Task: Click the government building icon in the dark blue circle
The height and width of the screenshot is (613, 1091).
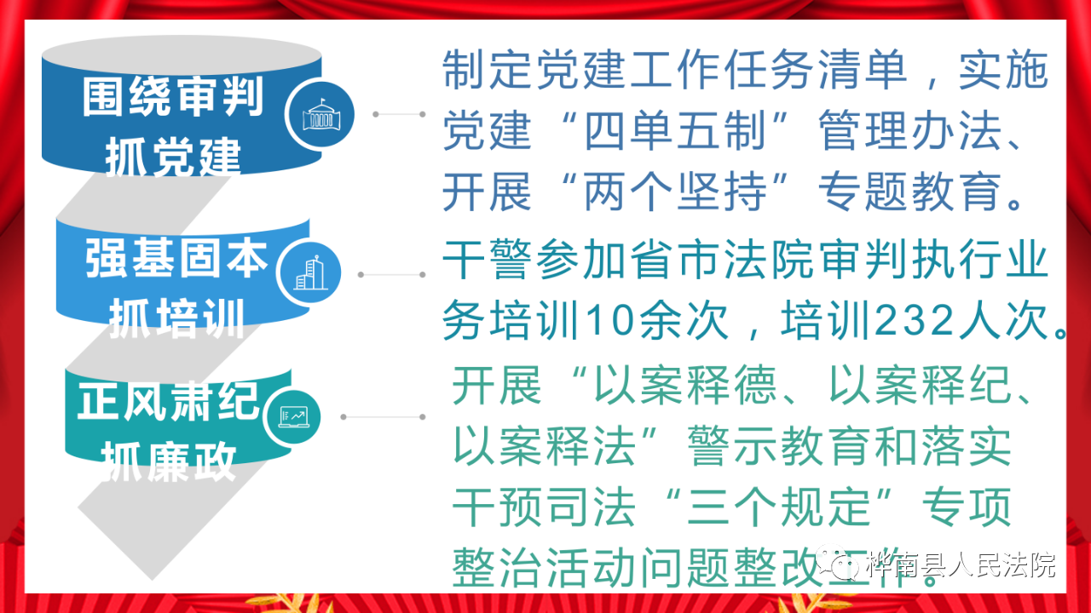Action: coord(321,114)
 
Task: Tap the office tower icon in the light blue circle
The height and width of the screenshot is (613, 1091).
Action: coord(309,272)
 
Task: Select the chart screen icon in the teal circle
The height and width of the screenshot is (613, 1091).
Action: coord(293,417)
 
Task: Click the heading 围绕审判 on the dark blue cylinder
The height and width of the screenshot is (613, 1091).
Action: coord(173,96)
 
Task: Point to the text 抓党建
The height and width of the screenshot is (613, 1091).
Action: coord(173,157)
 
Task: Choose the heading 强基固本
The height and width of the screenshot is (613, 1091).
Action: coord(176,258)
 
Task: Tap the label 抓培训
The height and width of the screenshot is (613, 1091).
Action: coord(176,318)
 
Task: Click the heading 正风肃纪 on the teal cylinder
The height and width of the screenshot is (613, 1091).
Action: coord(168,401)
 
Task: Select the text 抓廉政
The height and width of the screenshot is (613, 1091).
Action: coord(169,461)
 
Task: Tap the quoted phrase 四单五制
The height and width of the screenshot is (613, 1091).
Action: coord(675,130)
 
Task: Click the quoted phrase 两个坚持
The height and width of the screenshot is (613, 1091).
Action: coord(675,192)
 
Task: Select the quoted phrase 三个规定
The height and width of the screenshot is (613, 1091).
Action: coord(778,507)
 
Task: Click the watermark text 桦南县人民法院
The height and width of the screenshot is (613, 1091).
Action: coord(961,565)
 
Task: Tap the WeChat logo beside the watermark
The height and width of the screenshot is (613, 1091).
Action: coord(838,563)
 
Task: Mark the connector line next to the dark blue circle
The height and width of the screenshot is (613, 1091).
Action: coord(399,114)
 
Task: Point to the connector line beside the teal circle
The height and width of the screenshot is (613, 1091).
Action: coord(383,417)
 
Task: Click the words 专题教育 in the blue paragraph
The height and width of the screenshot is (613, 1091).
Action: coord(909,192)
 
